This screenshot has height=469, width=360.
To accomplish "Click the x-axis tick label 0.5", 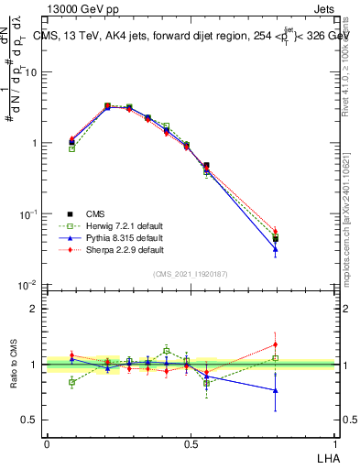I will click(x=191, y=443).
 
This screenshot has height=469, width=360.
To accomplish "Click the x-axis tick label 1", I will click(x=335, y=443).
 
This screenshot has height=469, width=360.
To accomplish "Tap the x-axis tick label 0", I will click(x=47, y=443).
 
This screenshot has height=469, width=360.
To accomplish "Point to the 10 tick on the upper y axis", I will click(x=34, y=72).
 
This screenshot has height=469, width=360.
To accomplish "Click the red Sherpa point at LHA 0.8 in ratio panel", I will click(x=276, y=344).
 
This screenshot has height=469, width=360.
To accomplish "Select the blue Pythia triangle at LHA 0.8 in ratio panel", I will click(x=276, y=390).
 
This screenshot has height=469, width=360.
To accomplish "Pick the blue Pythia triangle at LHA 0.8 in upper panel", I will click(x=276, y=248).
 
